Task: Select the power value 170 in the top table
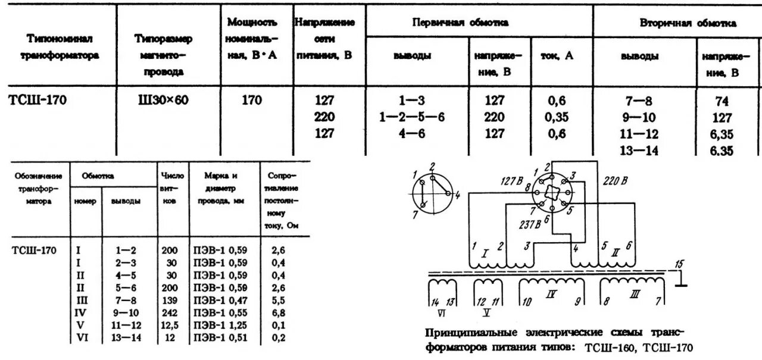(x=251, y=101)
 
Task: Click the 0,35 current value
(x=557, y=117)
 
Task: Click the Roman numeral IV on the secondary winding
(x=551, y=294)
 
